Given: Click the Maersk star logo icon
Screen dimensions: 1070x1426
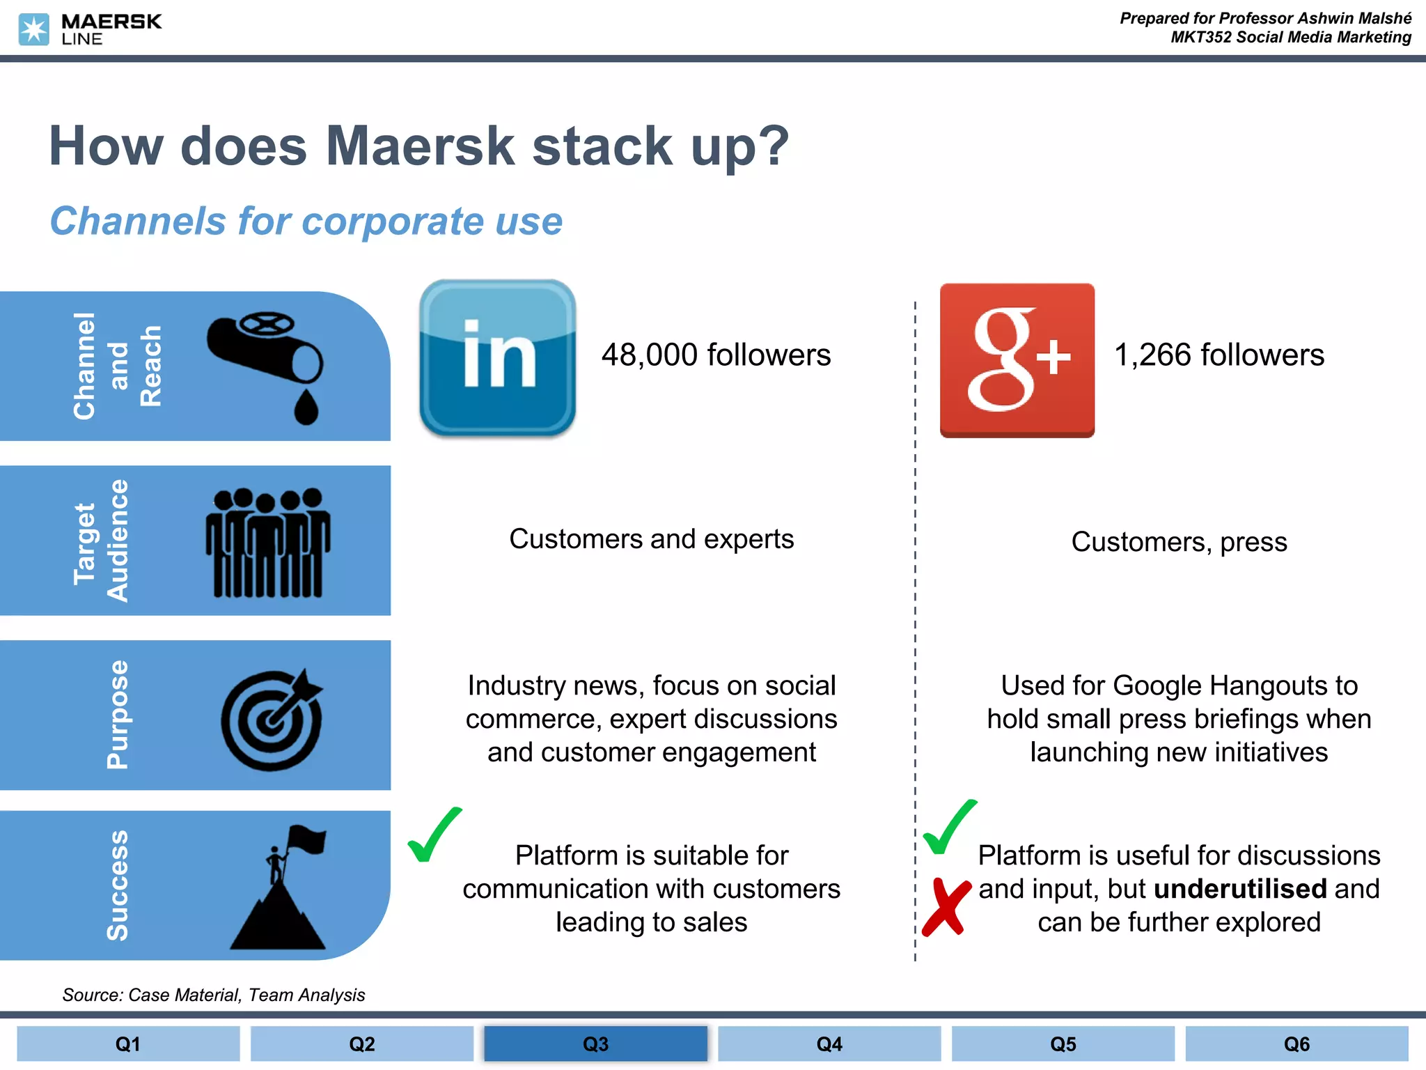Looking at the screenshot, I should [x=33, y=30].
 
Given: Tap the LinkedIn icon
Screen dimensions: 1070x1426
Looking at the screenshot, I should [x=497, y=358].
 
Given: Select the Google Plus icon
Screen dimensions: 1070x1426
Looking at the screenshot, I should [x=1017, y=360].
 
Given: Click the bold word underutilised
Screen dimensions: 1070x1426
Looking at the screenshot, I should [x=1240, y=890].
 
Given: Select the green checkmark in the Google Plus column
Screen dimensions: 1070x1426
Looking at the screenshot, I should [x=949, y=827].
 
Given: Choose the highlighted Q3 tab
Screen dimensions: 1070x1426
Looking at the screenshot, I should [x=595, y=1044].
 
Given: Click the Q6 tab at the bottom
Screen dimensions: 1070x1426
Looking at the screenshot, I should [x=1296, y=1044].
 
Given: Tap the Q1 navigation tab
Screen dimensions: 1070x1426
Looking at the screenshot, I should [x=128, y=1044].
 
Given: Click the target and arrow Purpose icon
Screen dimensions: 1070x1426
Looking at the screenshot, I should [x=272, y=720].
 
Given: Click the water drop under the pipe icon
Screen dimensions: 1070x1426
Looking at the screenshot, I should [x=306, y=408].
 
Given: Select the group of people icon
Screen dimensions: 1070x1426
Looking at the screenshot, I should [x=267, y=542].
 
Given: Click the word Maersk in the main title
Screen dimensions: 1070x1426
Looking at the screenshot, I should [x=420, y=146].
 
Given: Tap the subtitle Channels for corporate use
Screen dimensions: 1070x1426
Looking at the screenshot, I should [x=306, y=222].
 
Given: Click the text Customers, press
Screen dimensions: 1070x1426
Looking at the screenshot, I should [x=1178, y=542].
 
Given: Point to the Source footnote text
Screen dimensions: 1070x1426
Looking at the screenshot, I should [x=213, y=995].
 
